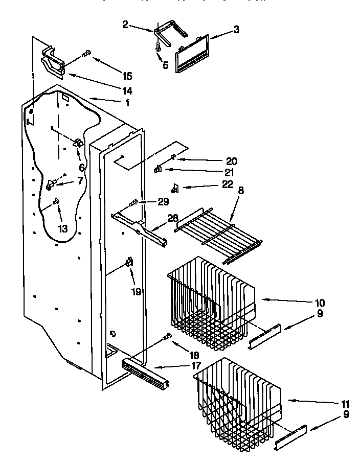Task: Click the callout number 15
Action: (127, 76)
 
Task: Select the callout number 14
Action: (127, 91)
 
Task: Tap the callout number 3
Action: (236, 30)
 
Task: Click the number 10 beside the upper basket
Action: (319, 302)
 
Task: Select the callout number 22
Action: (228, 184)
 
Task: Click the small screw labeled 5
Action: (157, 47)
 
